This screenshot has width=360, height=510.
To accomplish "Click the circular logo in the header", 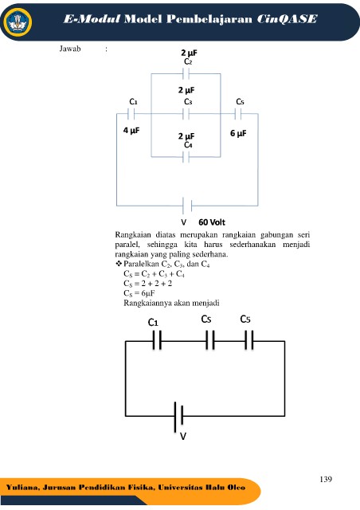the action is pyautogui.click(x=18, y=22).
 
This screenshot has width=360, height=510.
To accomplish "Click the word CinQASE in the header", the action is pyautogui.click(x=287, y=19).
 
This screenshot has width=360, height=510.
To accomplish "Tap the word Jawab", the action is pyautogui.click(x=70, y=49).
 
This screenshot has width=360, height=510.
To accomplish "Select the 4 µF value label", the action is pyautogui.click(x=131, y=131).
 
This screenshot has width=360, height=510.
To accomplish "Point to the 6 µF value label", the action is pyautogui.click(x=238, y=133).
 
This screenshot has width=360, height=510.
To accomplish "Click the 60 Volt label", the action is pyautogui.click(x=212, y=222).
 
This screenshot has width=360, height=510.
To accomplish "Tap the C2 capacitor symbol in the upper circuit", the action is pyautogui.click(x=186, y=74).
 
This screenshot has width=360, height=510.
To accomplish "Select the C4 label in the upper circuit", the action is pyautogui.click(x=188, y=145).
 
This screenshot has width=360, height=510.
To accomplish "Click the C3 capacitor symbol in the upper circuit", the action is pyautogui.click(x=186, y=114).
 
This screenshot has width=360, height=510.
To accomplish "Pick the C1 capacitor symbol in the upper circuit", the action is pyautogui.click(x=131, y=114).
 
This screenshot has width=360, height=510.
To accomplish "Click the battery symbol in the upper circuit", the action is pyautogui.click(x=187, y=206).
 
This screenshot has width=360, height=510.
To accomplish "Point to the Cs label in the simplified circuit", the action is pyautogui.click(x=206, y=319).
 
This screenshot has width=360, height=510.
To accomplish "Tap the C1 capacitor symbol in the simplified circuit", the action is pyautogui.click(x=157, y=340).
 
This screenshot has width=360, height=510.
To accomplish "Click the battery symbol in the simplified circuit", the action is pyautogui.click(x=178, y=416).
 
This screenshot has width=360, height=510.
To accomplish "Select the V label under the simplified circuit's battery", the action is pyautogui.click(x=183, y=437).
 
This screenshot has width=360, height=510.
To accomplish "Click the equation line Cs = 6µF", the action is pyautogui.click(x=139, y=293).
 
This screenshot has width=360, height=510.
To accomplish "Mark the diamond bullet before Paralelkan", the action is pyautogui.click(x=119, y=264).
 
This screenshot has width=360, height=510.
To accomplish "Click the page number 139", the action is pyautogui.click(x=326, y=479).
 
